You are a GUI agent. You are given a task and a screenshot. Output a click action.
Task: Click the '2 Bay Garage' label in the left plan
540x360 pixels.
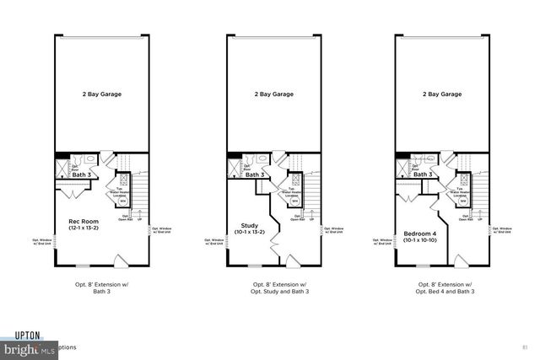[x=101, y=94]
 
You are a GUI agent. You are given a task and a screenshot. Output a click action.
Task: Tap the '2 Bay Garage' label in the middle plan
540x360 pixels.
[x=273, y=94]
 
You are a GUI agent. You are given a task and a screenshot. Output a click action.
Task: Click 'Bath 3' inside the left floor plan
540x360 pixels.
[x=81, y=175]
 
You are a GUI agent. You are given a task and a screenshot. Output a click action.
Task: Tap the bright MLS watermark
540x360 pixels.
[x=25, y=347]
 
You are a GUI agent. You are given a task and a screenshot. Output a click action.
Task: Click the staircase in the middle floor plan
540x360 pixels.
[x=311, y=190]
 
